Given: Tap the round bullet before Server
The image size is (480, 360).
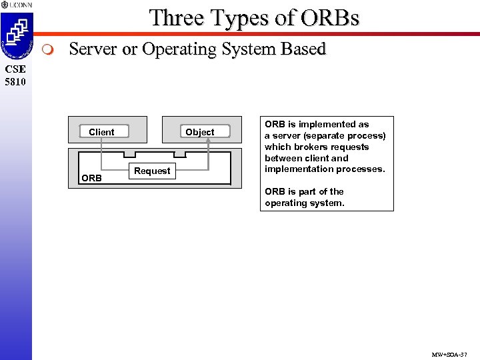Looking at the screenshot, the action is pos(47,50).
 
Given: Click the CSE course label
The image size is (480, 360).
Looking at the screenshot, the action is pos(15,69).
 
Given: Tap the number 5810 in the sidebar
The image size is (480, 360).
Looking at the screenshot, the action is pos(15,82).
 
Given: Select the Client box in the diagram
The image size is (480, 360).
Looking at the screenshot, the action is pos(101,132).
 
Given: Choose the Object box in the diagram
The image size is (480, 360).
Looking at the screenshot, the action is pos(199,132).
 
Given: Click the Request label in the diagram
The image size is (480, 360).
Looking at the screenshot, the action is pos(152,171).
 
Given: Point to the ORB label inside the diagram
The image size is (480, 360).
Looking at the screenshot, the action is pos(91,178).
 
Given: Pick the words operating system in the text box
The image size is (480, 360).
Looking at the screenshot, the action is pos(305,203).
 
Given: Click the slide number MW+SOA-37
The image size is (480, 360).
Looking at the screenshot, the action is pos(450,354).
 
